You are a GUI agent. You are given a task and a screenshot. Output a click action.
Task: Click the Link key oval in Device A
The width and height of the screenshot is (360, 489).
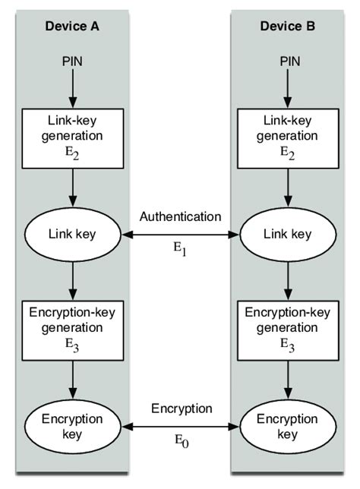coord(74,235)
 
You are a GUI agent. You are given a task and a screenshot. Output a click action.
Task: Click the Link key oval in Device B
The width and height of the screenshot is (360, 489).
coord(287,235)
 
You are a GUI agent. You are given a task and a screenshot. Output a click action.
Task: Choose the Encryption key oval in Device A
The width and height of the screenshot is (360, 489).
coord(74,427)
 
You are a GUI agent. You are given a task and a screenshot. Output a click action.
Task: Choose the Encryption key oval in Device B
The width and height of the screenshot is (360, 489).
coord(287,427)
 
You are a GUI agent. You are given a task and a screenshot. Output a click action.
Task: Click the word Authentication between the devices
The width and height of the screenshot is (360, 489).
coord(180,216)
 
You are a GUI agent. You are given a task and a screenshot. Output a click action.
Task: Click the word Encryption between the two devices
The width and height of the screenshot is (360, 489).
coord(180,409)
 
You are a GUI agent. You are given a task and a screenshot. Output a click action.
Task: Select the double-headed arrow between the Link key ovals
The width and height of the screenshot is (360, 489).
coord(180,235)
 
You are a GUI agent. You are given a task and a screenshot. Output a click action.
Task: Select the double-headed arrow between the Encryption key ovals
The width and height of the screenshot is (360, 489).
coord(180,427)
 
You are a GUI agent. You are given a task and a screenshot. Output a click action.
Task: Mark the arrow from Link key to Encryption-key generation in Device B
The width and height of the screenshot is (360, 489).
coord(287,280)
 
